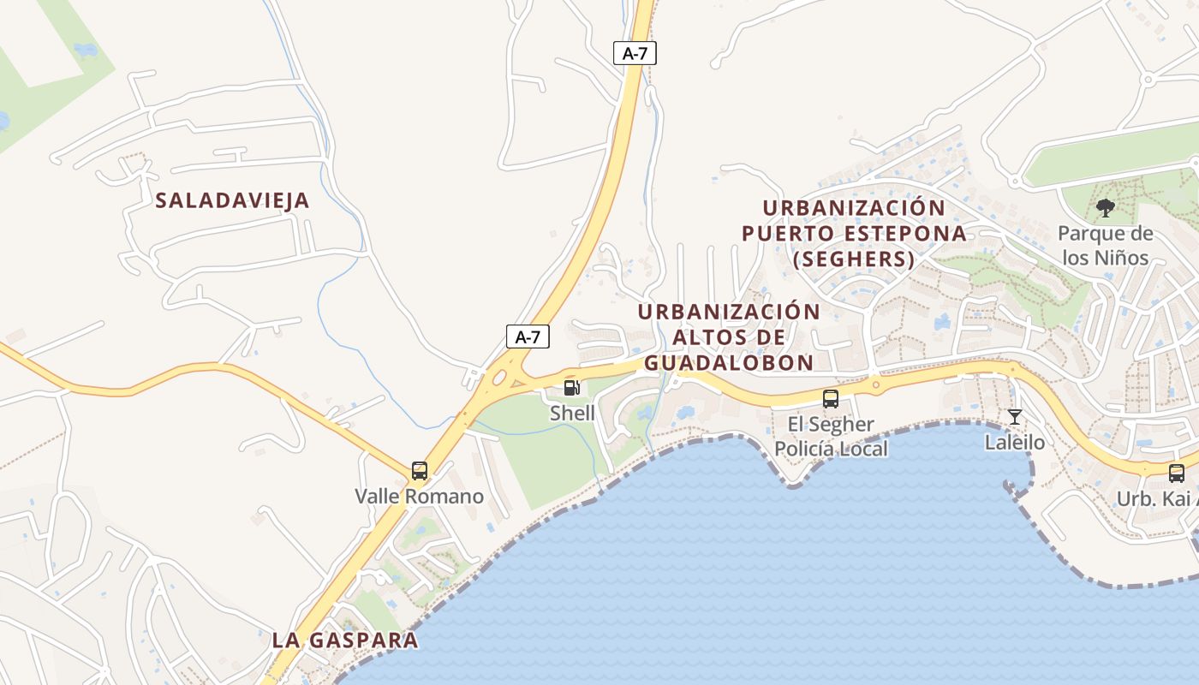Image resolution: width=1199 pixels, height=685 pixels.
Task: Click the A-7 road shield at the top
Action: (635, 53)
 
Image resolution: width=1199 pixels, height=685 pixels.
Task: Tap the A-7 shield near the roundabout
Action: (528, 337)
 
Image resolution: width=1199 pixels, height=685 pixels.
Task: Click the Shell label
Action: (572, 413)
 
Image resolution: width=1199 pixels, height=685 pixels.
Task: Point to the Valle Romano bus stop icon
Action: (420, 470)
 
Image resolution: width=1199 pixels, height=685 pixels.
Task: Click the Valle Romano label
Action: (420, 497)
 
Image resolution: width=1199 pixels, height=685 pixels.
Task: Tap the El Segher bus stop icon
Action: (831, 398)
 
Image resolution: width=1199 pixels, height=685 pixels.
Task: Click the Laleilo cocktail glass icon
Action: (1015, 417)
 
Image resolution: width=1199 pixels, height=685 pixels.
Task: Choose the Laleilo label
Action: (1015, 443)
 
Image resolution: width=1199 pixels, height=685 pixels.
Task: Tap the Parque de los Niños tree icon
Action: (1106, 207)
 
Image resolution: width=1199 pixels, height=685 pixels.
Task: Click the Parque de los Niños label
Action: (1106, 245)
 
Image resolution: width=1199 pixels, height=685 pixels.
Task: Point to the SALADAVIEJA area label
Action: (232, 201)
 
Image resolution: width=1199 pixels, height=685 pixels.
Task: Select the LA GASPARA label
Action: (345, 640)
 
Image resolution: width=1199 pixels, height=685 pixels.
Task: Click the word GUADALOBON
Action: (729, 363)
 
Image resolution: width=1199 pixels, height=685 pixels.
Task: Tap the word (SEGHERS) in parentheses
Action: (854, 259)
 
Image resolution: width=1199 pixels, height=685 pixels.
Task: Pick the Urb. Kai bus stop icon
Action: (1177, 473)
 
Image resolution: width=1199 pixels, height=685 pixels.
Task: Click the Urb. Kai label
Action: (1156, 499)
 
